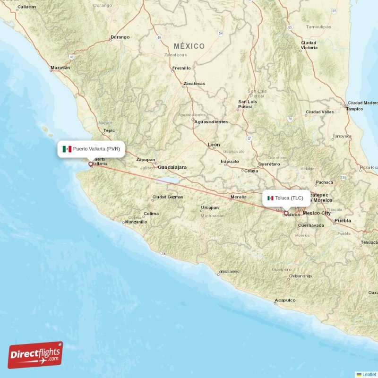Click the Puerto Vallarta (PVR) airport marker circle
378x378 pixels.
91,164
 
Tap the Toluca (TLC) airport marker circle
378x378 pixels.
286,213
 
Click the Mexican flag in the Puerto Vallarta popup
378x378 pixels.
67,149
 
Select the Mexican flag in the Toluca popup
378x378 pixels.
270,198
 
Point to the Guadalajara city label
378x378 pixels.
172,167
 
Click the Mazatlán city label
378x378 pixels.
60,68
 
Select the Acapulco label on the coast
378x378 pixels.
285,300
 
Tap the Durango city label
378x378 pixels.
120,37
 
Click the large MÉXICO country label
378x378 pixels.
189,46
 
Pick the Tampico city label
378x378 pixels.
354,109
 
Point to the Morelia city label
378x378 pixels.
238,197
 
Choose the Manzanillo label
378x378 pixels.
136,222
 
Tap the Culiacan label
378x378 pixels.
26,7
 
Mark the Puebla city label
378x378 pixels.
343,221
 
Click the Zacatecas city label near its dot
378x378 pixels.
194,84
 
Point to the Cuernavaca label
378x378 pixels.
311,225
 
